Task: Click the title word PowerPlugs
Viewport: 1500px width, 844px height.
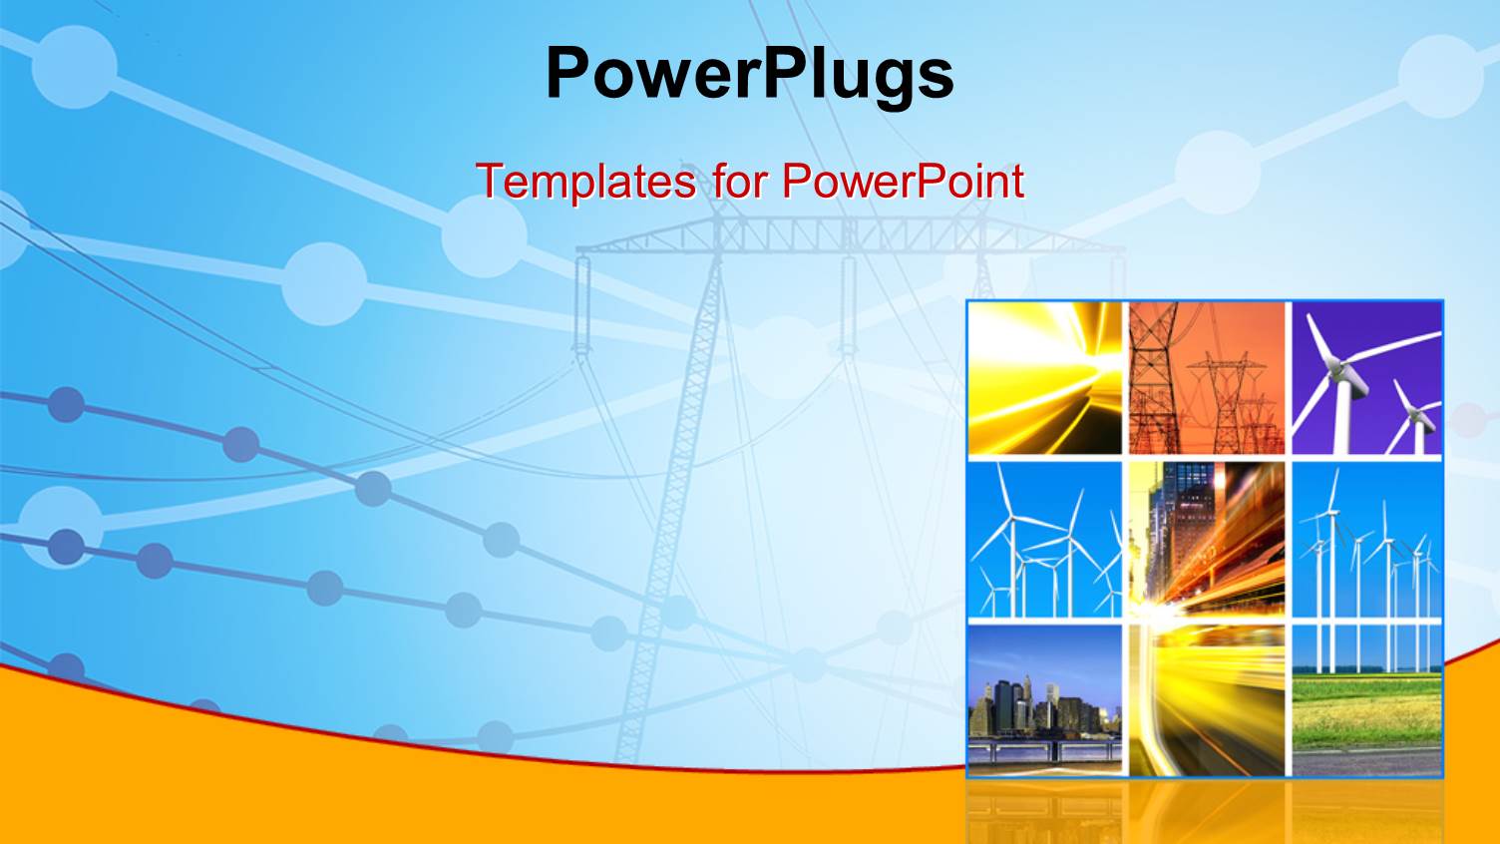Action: coord(750,74)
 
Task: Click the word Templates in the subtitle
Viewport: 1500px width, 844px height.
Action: coord(585,182)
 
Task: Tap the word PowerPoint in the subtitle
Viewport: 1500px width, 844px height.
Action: coord(903,182)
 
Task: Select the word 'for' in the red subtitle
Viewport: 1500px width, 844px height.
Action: coord(739,182)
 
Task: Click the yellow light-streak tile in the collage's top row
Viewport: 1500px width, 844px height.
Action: coord(1045,378)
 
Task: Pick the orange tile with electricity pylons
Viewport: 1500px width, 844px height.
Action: coord(1207,378)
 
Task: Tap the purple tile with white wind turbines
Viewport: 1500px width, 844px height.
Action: coord(1367,378)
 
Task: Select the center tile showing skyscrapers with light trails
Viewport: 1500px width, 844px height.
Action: coord(1207,539)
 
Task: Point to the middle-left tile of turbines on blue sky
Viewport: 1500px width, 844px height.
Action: coord(1045,539)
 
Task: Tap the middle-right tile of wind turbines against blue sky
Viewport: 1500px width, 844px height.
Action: coord(1367,539)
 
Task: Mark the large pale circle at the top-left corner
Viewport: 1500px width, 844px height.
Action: coord(74,66)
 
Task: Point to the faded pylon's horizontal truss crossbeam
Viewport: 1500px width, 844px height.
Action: coord(848,236)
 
